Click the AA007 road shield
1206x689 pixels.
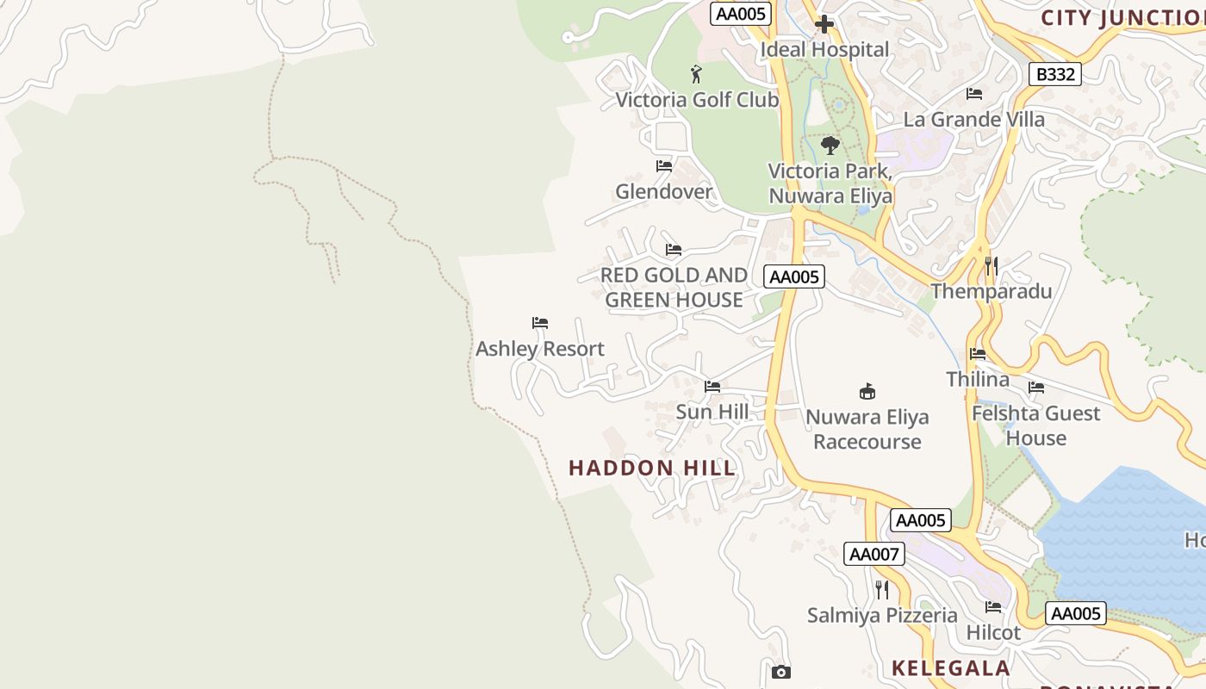tap(874, 554)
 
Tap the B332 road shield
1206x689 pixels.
tap(1055, 74)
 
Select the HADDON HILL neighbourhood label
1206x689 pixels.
tap(652, 468)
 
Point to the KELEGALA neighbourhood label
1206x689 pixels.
tap(950, 667)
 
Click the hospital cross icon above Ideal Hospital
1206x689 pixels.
tap(824, 24)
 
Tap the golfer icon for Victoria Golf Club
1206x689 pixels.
tap(696, 74)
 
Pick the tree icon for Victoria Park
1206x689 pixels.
tap(830, 145)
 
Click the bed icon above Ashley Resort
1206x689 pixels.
tap(540, 323)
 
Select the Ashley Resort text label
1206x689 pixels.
tap(540, 349)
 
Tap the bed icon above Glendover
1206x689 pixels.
tap(663, 165)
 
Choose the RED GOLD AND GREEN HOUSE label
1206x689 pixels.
tap(674, 288)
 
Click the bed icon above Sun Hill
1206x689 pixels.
tap(712, 386)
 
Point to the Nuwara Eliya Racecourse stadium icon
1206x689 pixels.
tap(867, 392)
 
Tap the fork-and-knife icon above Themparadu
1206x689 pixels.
tap(991, 265)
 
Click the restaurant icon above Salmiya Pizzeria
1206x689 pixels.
tap(881, 589)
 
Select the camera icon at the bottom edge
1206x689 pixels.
tap(780, 672)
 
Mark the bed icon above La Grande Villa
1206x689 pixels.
tap(973, 93)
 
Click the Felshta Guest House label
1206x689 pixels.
tap(1035, 425)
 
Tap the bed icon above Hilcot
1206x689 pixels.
tap(992, 606)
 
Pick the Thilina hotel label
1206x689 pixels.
tap(978, 379)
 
